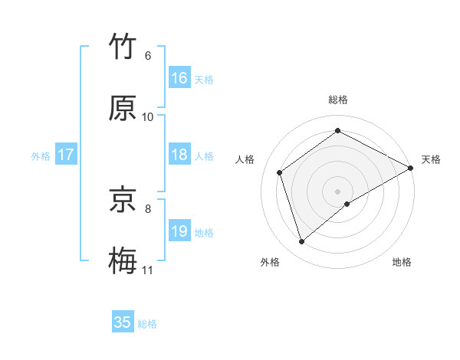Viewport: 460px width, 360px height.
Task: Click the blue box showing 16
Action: [179, 78]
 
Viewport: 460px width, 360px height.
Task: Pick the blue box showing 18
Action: [179, 155]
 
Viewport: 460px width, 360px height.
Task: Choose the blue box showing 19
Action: [179, 231]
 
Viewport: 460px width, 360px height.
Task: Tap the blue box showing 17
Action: [66, 155]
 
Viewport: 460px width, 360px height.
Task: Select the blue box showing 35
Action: [123, 322]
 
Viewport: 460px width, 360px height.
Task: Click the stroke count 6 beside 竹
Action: [147, 56]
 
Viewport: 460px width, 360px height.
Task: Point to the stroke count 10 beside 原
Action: [148, 117]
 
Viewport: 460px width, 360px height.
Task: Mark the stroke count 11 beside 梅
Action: [148, 270]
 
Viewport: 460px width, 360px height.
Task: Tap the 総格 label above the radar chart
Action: [338, 100]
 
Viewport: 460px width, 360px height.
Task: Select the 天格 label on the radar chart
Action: [431, 159]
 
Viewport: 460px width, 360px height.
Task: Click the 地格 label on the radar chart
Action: [402, 262]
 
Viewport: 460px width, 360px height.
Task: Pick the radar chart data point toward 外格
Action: [301, 242]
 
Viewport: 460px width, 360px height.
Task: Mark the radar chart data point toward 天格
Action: [412, 168]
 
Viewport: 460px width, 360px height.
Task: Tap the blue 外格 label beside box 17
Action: [41, 155]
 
